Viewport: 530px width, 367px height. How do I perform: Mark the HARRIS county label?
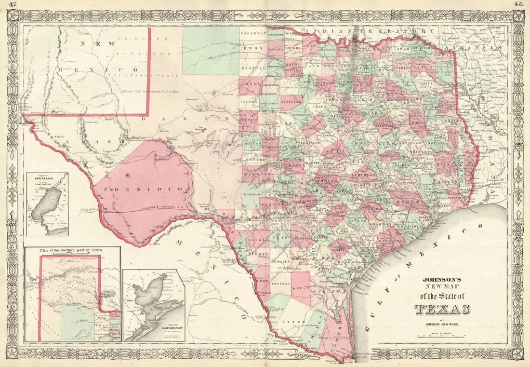click(x=405, y=201)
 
